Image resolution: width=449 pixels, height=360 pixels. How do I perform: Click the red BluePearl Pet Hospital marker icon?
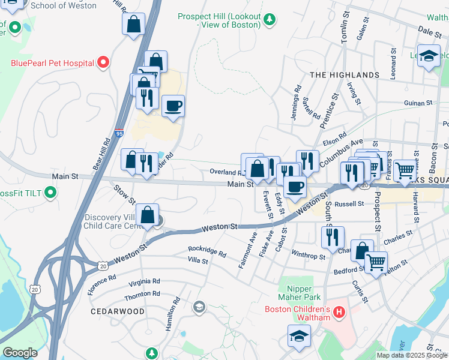click(x=103, y=62)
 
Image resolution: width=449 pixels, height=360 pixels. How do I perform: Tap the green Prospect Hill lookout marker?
click(x=270, y=19)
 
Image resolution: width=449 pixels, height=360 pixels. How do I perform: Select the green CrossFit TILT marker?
click(x=50, y=193)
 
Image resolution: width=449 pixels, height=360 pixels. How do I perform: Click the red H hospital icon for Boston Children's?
click(x=339, y=313)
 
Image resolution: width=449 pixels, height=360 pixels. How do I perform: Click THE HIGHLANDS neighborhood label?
click(x=345, y=75)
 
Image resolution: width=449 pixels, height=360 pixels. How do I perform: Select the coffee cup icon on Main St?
click(x=294, y=187)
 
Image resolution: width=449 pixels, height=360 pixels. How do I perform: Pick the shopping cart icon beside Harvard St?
click(x=406, y=170)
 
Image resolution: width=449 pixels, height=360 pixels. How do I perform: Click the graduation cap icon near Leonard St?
click(x=429, y=56)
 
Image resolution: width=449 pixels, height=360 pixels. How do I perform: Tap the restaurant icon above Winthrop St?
click(x=332, y=236)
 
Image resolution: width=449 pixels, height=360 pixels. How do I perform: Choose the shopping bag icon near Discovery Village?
click(x=147, y=215)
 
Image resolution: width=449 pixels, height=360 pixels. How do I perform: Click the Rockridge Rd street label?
click(x=206, y=251)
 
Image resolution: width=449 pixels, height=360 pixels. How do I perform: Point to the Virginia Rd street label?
click(x=141, y=281)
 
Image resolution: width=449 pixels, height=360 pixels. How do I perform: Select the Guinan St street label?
click(x=418, y=103)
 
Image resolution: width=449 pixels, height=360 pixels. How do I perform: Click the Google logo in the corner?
click(x=20, y=353)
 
